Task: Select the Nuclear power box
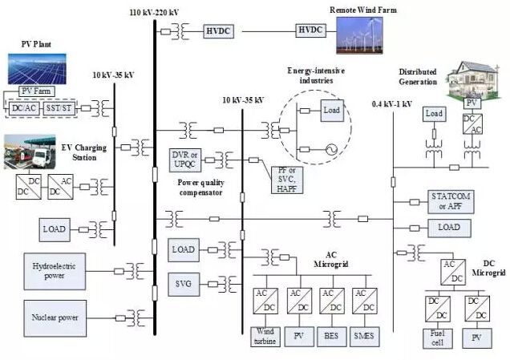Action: [54, 318]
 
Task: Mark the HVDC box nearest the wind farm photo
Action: [310, 30]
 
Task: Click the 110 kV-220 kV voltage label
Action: [154, 11]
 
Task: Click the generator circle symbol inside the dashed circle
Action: [330, 148]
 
